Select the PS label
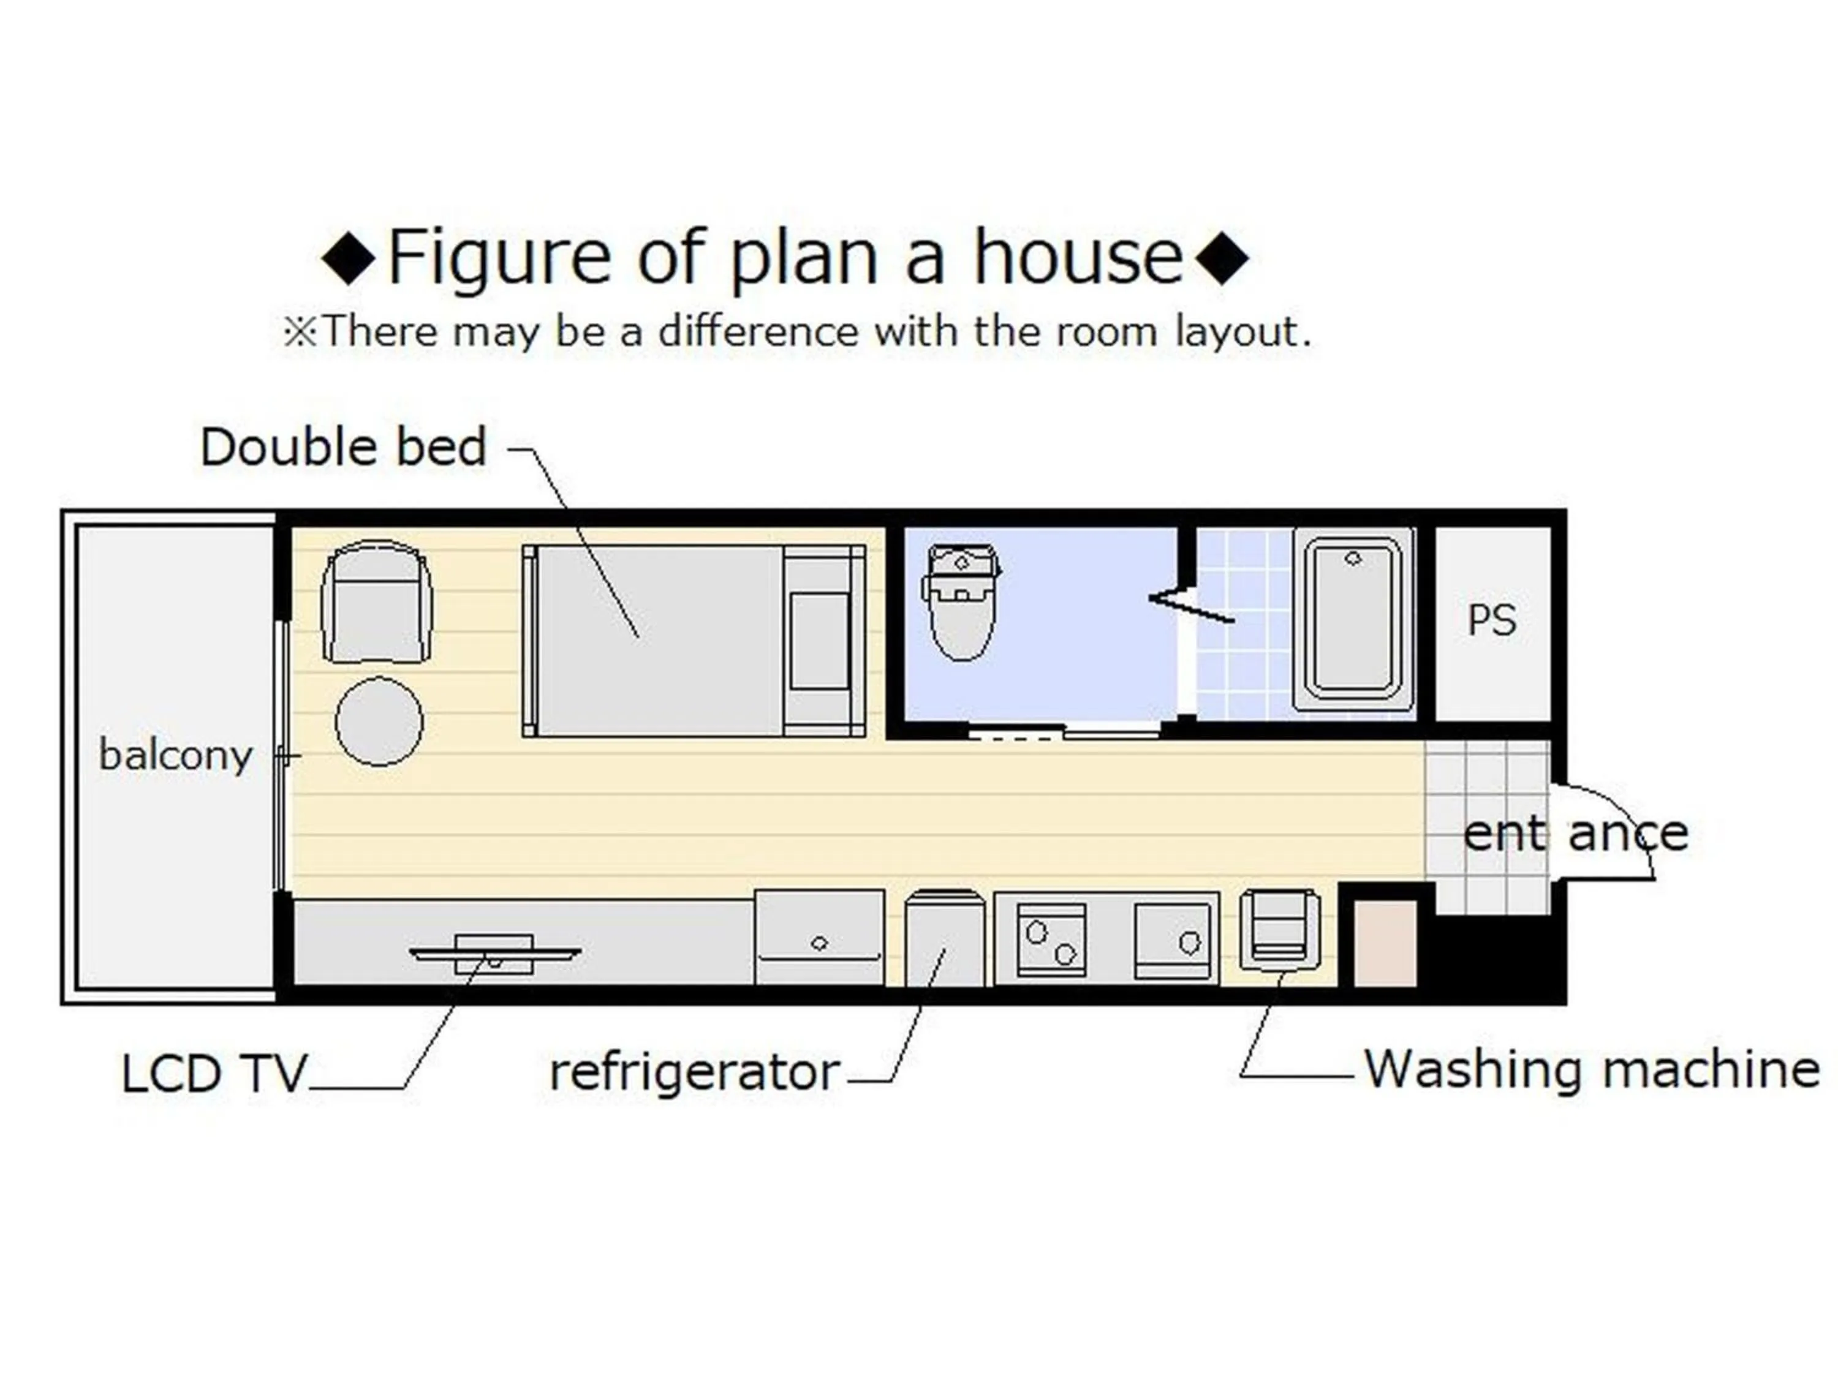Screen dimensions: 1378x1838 1491,620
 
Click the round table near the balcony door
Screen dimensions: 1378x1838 379,721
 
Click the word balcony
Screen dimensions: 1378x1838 175,756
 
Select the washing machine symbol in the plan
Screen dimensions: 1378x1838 1279,930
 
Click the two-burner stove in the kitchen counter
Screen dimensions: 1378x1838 1051,939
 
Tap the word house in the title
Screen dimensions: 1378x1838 1078,257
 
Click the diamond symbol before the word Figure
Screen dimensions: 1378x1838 349,259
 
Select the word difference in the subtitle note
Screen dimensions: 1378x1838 758,331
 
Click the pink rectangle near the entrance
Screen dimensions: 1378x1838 1385,944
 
